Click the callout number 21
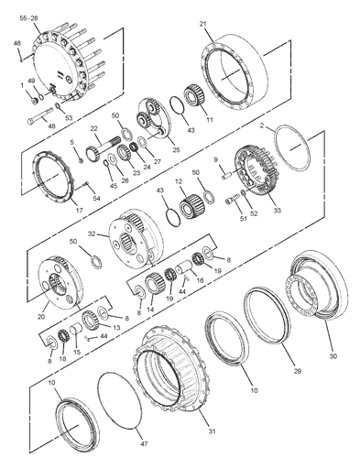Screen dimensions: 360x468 (x=203, y=24)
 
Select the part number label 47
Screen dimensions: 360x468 (x=144, y=443)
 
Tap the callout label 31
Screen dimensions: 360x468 (x=212, y=431)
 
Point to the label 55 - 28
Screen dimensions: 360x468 (x=28, y=18)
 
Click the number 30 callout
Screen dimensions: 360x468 (x=333, y=356)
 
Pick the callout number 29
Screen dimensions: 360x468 (x=297, y=371)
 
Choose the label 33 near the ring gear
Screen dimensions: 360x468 (x=277, y=211)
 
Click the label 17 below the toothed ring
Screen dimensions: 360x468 (x=80, y=210)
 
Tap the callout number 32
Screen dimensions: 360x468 (x=92, y=234)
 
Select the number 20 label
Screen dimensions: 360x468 (x=41, y=317)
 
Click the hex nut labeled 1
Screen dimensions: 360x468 (x=35, y=100)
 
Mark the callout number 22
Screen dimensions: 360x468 (x=93, y=129)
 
